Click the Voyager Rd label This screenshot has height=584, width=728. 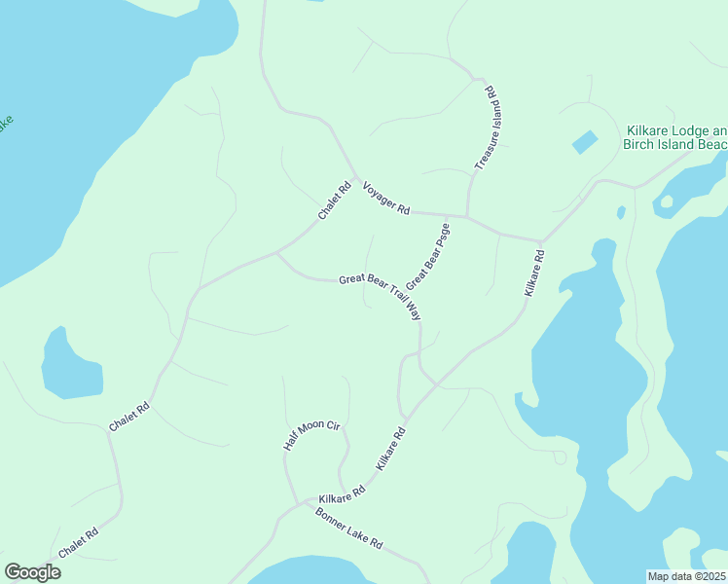[386, 199]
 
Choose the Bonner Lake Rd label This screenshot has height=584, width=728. [349, 528]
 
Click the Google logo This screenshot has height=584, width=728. [32, 572]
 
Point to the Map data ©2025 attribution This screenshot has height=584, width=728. [686, 576]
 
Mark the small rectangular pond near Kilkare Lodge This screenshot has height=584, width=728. [585, 142]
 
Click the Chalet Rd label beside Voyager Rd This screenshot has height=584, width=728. [334, 201]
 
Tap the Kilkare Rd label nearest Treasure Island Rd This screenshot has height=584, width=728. [534, 274]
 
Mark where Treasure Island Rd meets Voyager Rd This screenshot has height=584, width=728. [467, 216]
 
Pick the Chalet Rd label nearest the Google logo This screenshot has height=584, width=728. [78, 542]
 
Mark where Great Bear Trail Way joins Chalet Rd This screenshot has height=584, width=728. [277, 253]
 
